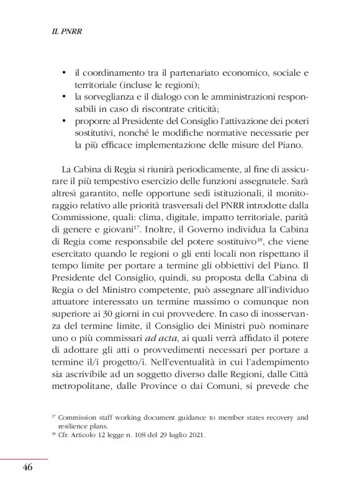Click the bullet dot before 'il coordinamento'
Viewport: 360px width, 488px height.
pyautogui.click(x=65, y=73)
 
